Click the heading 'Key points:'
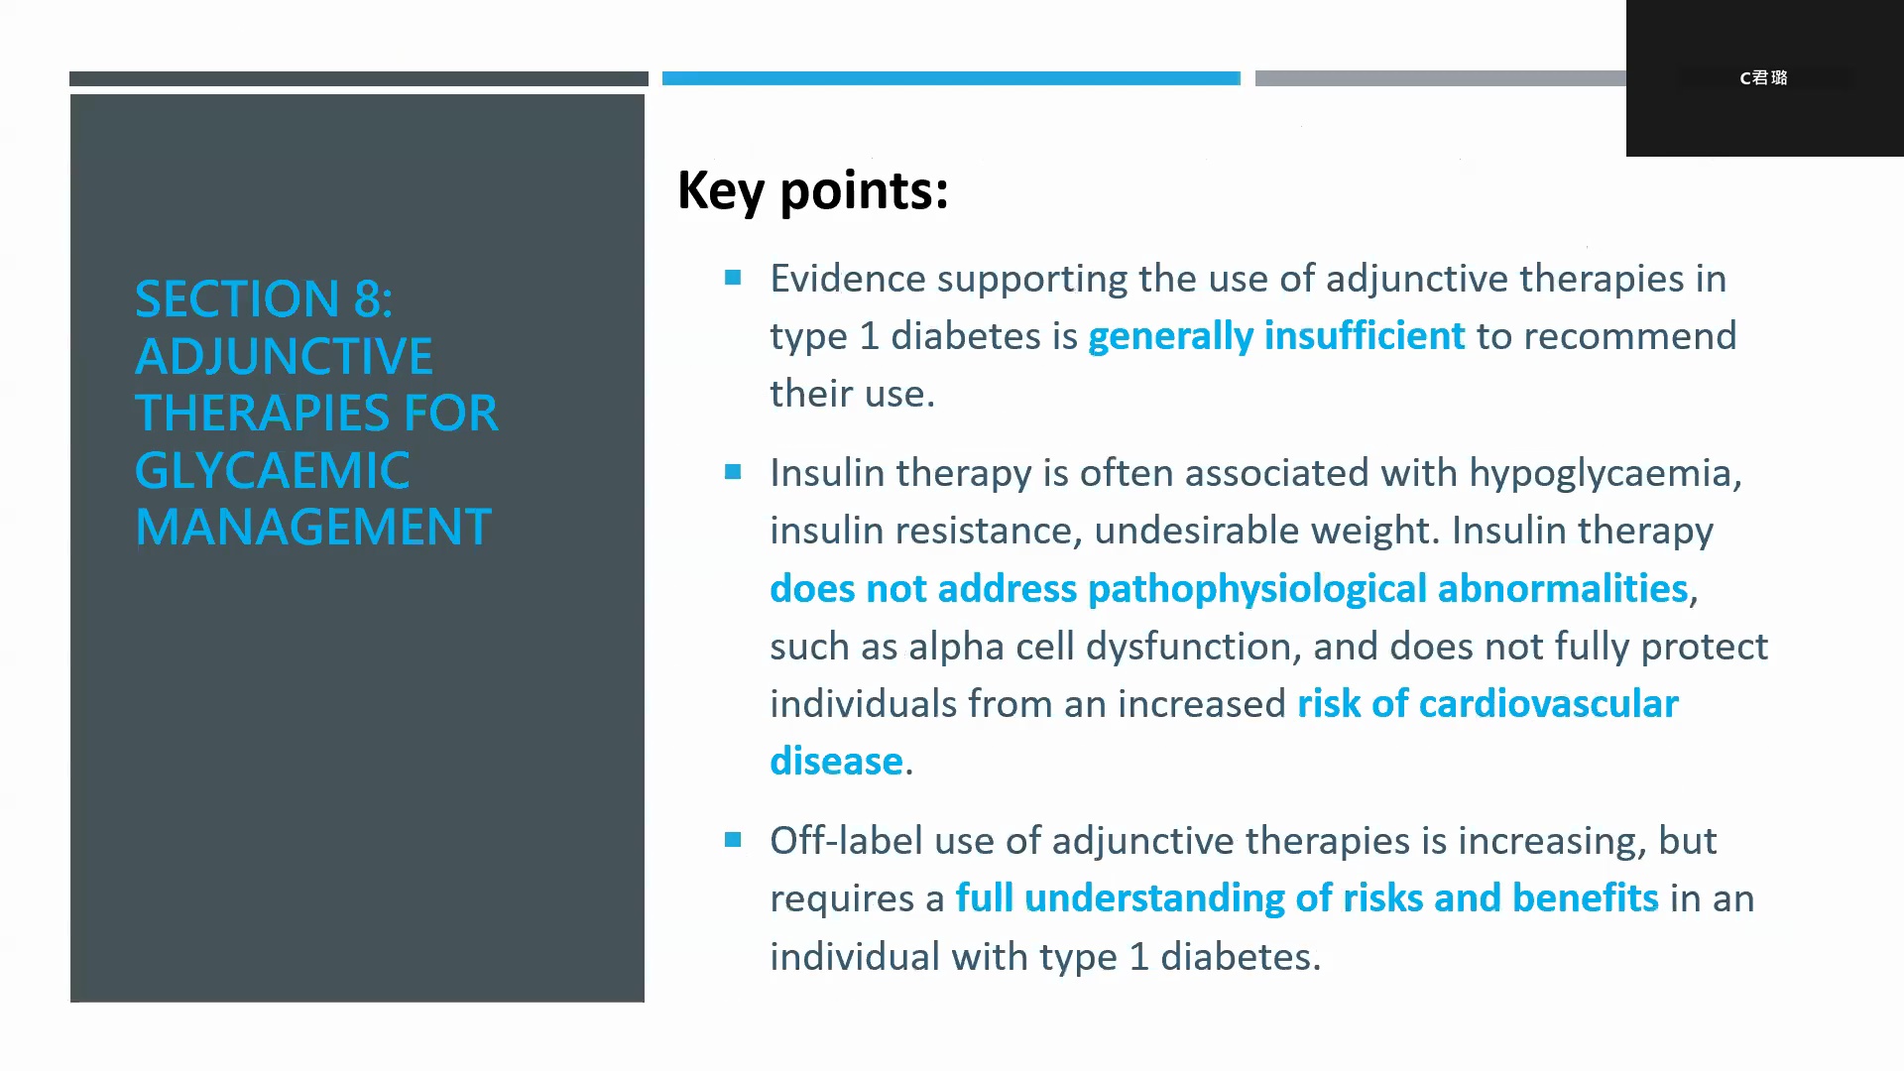[813, 189]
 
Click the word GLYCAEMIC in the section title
[273, 470]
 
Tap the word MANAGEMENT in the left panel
[313, 527]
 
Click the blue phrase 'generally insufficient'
[1276, 336]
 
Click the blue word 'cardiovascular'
[1549, 703]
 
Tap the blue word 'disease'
[836, 762]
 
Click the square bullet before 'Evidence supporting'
[733, 278]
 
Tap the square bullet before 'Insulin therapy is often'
[733, 472]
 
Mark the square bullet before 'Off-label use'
[733, 840]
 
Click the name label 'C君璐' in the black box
[1763, 77]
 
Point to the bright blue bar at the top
[951, 78]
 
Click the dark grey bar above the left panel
[359, 78]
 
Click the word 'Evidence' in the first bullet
[848, 279]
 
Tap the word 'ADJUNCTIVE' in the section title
[284, 356]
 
